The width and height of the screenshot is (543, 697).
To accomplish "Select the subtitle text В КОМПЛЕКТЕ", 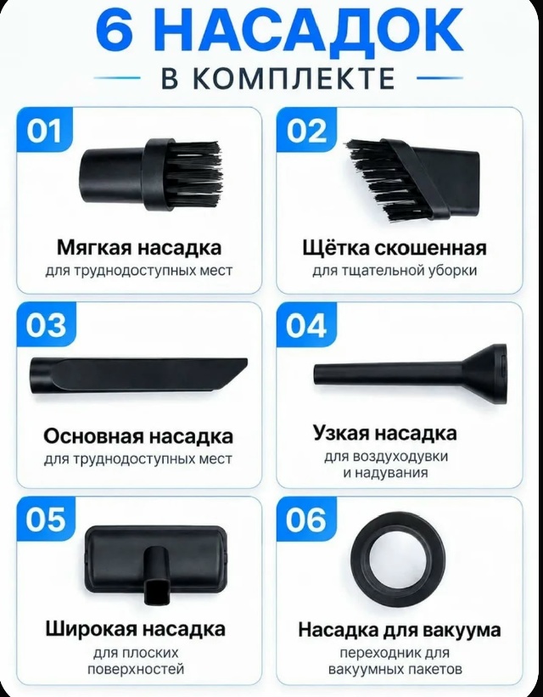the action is (x=277, y=78).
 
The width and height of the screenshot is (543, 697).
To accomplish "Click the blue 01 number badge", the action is (x=44, y=130).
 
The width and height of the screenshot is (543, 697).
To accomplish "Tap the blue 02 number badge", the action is (x=306, y=130).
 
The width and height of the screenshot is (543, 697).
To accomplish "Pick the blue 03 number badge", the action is (x=46, y=325).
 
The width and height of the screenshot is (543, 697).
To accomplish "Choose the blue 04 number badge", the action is (x=306, y=325).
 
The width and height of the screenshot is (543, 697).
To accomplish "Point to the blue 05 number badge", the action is (x=46, y=519).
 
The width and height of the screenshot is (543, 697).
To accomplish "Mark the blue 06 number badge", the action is (x=306, y=519).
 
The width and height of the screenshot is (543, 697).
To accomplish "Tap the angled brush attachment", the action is (x=412, y=180).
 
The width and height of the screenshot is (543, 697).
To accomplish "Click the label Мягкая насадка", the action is (x=139, y=248).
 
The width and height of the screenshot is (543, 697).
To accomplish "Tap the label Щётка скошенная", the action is (x=395, y=248).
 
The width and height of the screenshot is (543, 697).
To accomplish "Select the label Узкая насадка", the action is (x=385, y=432).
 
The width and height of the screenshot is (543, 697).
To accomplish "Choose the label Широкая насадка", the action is (x=136, y=629).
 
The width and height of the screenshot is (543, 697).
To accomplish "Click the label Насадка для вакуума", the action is (x=400, y=629).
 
